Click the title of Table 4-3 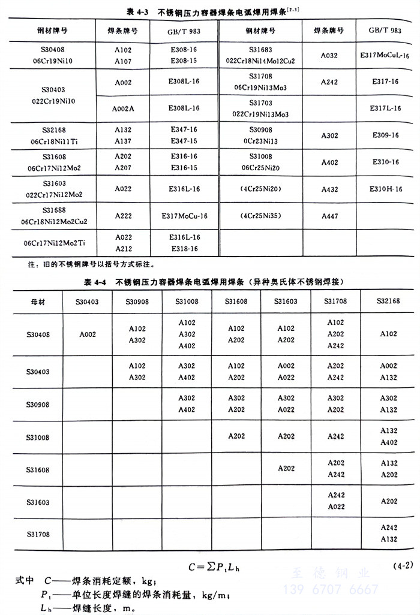(209, 10)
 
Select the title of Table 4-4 (209, 281)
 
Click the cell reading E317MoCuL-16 (385, 55)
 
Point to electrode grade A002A (124, 108)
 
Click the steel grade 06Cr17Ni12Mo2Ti (55, 243)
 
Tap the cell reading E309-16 (385, 135)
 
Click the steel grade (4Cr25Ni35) (260, 215)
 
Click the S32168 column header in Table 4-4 (388, 302)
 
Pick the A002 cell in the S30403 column (88, 334)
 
